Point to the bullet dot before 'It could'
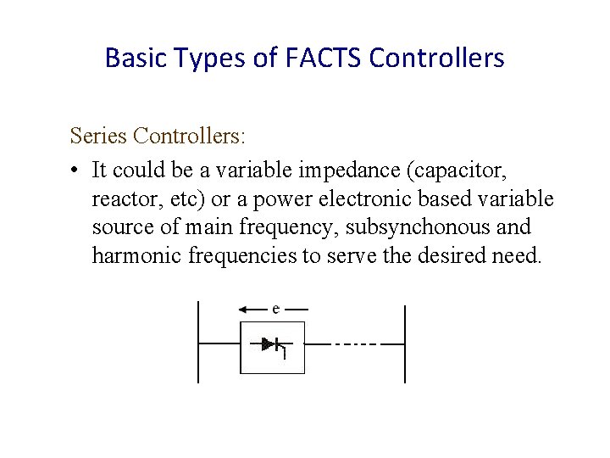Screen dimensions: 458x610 [x=75, y=170]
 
